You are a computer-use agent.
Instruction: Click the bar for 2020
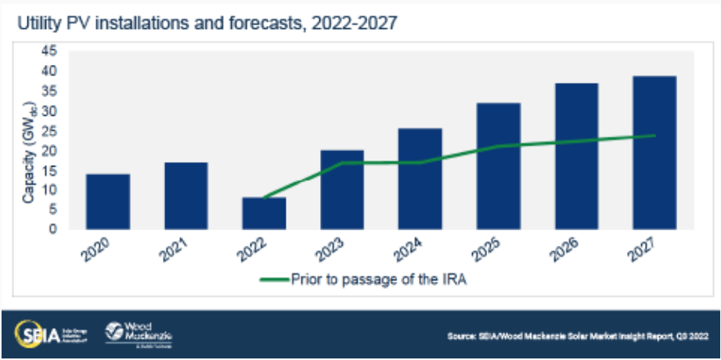tap(108, 202)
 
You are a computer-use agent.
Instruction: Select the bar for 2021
tap(186, 196)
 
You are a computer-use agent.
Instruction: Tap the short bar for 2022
tap(264, 214)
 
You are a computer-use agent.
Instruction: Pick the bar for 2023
tap(342, 189)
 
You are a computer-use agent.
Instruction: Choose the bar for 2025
tap(498, 166)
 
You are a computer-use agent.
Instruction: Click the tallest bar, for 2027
tap(654, 153)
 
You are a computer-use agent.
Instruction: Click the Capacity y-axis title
tap(30, 153)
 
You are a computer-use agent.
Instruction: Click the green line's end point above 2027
tap(654, 135)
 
